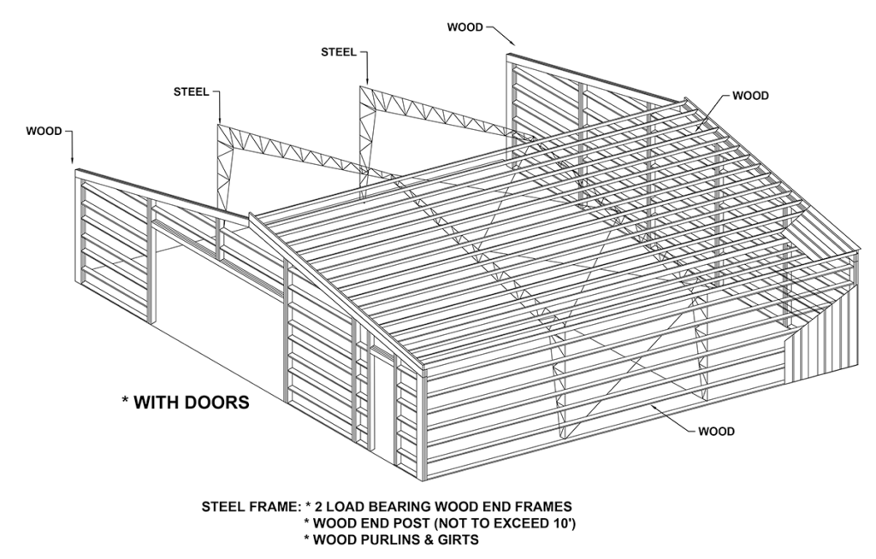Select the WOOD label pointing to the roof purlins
pyautogui.click(x=750, y=96)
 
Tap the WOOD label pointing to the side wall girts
pyautogui.click(x=716, y=432)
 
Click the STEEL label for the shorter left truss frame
pyautogui.click(x=191, y=91)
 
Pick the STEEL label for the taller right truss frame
pyautogui.click(x=339, y=51)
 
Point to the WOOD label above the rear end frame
pyautogui.click(x=465, y=27)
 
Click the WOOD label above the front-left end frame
pyautogui.click(x=44, y=132)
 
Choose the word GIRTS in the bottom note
pyautogui.click(x=456, y=539)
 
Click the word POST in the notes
pyautogui.click(x=405, y=522)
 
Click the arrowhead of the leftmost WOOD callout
pyautogui.click(x=73, y=162)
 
